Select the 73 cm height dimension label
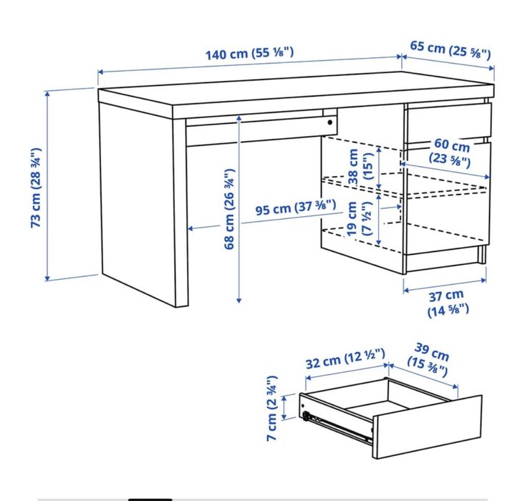[36, 188]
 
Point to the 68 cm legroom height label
[230, 208]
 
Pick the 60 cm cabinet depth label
[451, 152]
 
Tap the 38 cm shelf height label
[360, 167]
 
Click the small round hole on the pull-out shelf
[330, 122]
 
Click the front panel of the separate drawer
[427, 428]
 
